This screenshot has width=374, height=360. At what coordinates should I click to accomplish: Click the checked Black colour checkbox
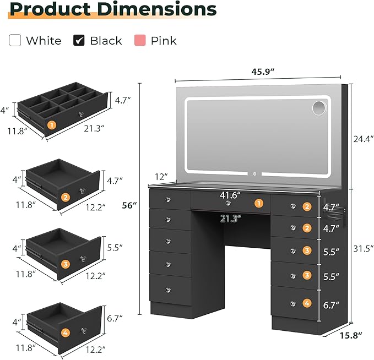79,40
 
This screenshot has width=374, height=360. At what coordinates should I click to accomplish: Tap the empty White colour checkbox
15,40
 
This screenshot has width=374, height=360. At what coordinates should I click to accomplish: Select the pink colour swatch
140,40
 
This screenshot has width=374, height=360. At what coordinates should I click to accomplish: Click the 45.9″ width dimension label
263,72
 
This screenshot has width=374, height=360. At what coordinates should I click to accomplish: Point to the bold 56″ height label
129,205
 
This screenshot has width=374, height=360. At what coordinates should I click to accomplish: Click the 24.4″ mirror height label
364,139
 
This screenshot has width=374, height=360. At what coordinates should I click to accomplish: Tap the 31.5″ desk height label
364,249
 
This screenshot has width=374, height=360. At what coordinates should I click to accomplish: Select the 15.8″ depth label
351,335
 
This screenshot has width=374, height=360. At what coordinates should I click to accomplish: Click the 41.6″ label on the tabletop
230,195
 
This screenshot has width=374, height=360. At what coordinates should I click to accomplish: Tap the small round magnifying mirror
319,108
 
